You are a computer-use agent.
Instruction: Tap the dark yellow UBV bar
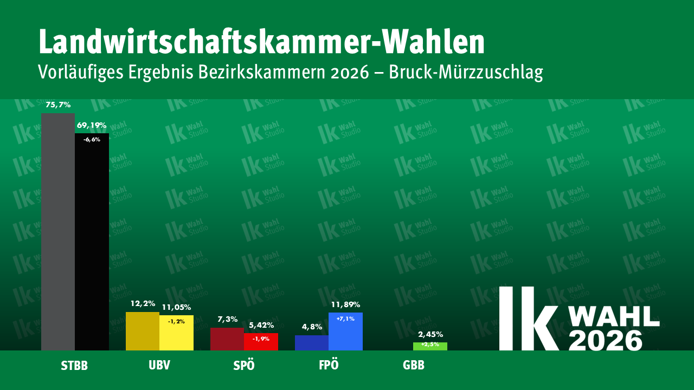[x=143, y=331]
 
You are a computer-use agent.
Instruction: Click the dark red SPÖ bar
[x=227, y=339]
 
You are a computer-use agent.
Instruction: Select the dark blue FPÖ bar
[x=312, y=343]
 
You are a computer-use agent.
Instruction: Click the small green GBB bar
[x=430, y=347]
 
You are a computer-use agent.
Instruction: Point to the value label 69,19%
[x=92, y=125]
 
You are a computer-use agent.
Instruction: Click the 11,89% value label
[x=345, y=304]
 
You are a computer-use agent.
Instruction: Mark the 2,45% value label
[x=430, y=334]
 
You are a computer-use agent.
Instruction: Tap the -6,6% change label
[x=92, y=139]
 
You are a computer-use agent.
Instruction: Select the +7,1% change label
[x=345, y=318]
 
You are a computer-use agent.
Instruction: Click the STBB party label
[x=74, y=366]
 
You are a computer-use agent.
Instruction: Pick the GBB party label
[x=414, y=366]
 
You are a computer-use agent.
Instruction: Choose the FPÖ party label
[x=329, y=365]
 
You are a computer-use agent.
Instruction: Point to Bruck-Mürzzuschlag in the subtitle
[x=466, y=72]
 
